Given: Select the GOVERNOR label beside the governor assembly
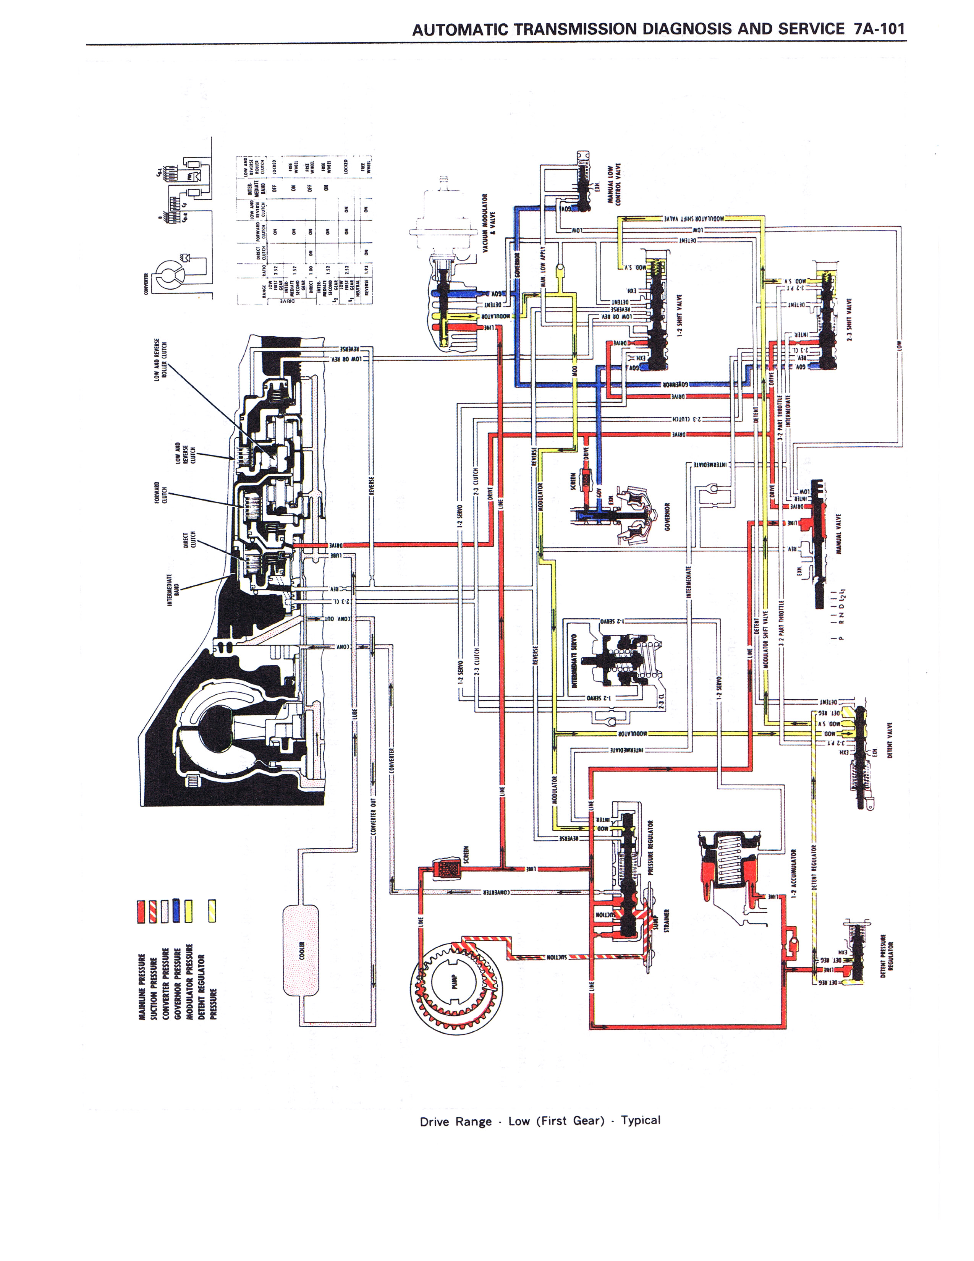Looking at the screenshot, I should pos(667,517).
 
